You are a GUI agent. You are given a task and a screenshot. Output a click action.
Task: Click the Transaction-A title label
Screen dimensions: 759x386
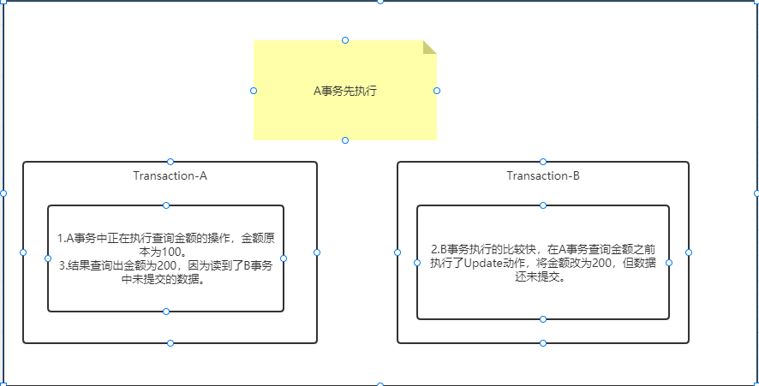tap(170, 176)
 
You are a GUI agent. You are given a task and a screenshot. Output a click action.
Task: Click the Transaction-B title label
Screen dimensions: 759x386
tap(543, 176)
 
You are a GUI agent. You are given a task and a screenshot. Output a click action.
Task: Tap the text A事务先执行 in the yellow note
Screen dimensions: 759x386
tap(344, 91)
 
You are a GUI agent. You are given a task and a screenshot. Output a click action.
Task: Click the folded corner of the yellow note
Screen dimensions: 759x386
tap(429, 47)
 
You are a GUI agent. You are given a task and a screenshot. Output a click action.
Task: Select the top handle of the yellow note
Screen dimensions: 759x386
tap(345, 40)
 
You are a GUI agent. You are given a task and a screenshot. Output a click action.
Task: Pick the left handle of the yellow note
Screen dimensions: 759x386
tap(254, 91)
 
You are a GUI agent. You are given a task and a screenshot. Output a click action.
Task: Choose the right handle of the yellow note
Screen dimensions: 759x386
tap(437, 91)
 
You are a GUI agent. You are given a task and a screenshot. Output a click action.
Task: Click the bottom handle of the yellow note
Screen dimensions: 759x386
tap(345, 140)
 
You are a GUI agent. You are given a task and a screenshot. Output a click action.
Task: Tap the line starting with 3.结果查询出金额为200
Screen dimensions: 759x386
tap(166, 266)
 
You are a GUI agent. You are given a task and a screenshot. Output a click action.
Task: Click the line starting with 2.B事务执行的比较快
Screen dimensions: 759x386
tap(543, 250)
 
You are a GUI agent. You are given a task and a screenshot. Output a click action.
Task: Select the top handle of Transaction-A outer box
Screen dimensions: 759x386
tap(170, 162)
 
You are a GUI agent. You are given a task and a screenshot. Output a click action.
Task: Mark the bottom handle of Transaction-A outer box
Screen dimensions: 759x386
tap(170, 343)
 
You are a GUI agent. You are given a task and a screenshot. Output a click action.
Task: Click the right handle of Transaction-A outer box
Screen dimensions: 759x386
tap(317, 252)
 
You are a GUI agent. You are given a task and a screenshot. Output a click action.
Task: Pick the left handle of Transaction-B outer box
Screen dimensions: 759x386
tap(397, 252)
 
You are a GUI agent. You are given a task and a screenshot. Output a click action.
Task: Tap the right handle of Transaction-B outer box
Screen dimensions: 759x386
tap(689, 252)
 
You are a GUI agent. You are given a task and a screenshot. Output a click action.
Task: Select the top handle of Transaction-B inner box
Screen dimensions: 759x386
tap(543, 205)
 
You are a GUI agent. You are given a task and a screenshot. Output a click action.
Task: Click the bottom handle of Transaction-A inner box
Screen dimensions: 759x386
tap(166, 312)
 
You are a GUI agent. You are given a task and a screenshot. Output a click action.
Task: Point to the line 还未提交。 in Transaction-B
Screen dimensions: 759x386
tap(543, 277)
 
